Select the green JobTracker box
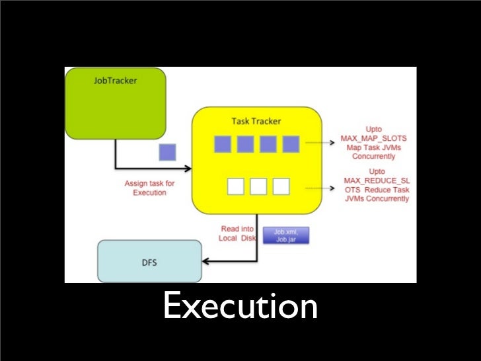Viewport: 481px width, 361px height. click(115, 106)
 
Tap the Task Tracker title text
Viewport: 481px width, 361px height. click(256, 121)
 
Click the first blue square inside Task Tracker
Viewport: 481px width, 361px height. click(222, 143)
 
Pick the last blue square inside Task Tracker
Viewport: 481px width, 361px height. click(291, 143)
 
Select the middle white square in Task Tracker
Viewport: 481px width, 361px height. click(258, 186)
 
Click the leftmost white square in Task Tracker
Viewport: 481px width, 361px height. click(236, 186)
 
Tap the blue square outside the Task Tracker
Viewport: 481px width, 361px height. click(168, 152)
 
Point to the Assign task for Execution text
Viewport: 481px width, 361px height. click(150, 188)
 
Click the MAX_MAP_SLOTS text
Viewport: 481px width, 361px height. click(374, 138)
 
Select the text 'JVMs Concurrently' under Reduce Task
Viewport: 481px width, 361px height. click(377, 199)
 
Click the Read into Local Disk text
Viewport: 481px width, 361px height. click(237, 233)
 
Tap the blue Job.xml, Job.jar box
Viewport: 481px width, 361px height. click(286, 235)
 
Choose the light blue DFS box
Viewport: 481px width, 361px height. click(149, 261)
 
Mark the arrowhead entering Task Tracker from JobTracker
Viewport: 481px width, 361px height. click(188, 168)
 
